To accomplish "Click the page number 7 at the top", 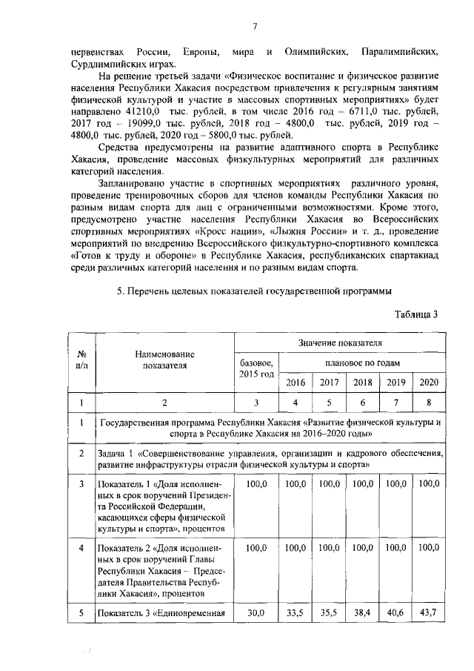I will [254, 27].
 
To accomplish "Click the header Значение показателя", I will [340, 343].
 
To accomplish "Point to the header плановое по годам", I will [363, 363].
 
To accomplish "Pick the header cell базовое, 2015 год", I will [257, 368].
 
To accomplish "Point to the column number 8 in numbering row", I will [429, 403].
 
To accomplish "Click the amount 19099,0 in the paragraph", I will [142, 122].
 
